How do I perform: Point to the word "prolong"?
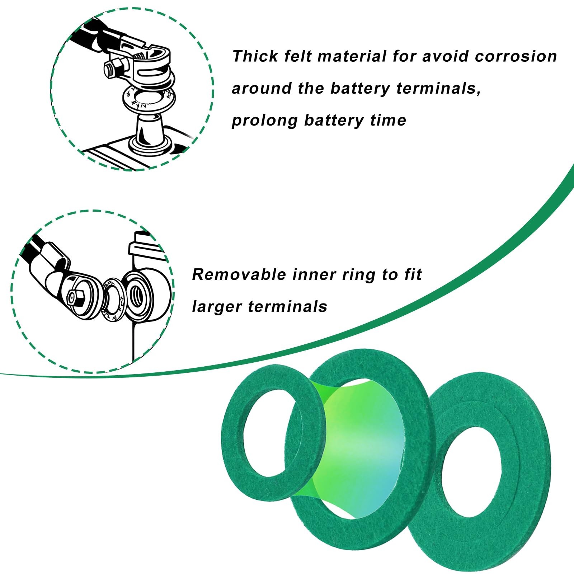[x=264, y=121]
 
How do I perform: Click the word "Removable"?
[x=239, y=275]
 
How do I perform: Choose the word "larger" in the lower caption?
[x=217, y=307]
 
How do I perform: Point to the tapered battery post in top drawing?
[x=149, y=129]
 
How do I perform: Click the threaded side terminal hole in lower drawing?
[x=138, y=292]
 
